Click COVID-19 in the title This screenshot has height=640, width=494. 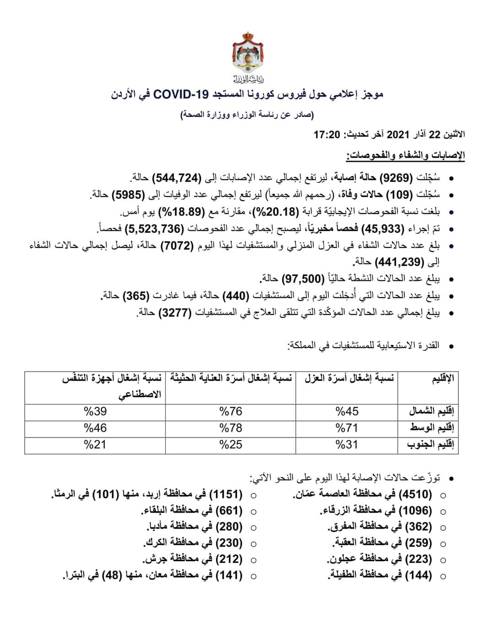coord(181,95)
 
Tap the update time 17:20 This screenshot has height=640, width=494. coord(327,135)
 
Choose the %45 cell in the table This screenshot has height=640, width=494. coord(347,411)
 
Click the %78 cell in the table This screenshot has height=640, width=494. coord(231,428)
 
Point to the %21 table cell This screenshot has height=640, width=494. coord(95,444)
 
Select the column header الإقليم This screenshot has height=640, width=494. coord(443,379)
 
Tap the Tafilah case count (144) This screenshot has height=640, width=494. coord(418,575)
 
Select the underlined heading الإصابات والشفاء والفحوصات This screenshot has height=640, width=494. coord(405,155)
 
